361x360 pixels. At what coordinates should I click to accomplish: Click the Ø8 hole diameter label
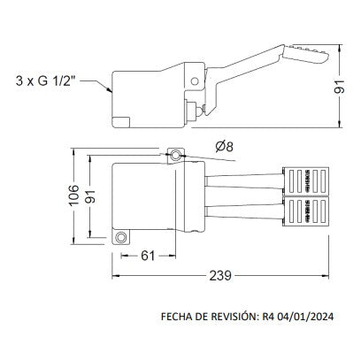click(226, 147)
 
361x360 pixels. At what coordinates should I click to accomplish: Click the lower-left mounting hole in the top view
click(122, 237)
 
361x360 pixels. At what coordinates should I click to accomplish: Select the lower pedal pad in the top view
click(304, 212)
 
